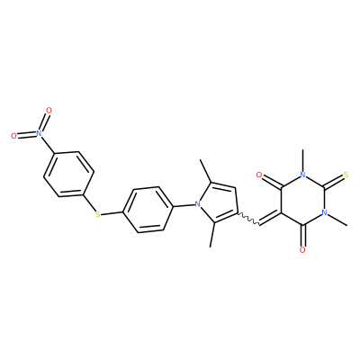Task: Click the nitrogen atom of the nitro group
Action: click(x=38, y=132)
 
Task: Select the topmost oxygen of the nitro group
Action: click(x=49, y=111)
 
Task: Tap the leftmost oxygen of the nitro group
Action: click(x=13, y=136)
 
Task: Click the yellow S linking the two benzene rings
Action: click(x=97, y=214)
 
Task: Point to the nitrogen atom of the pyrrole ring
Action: click(x=197, y=204)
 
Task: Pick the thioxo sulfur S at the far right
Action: click(x=346, y=175)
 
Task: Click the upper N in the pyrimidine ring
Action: click(x=302, y=175)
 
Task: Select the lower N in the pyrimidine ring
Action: click(x=324, y=212)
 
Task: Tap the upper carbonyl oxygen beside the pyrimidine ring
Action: click(x=259, y=175)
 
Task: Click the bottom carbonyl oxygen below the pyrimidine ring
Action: click(x=302, y=250)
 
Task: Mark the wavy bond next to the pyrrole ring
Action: click(x=248, y=219)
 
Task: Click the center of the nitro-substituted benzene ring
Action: click(x=68, y=175)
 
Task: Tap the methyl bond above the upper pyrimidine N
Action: click(x=302, y=160)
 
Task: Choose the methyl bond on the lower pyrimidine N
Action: click(x=337, y=220)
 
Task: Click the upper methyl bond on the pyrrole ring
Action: click(x=206, y=171)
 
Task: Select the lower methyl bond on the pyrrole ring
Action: click(x=212, y=235)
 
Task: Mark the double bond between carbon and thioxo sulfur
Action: click(x=334, y=182)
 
